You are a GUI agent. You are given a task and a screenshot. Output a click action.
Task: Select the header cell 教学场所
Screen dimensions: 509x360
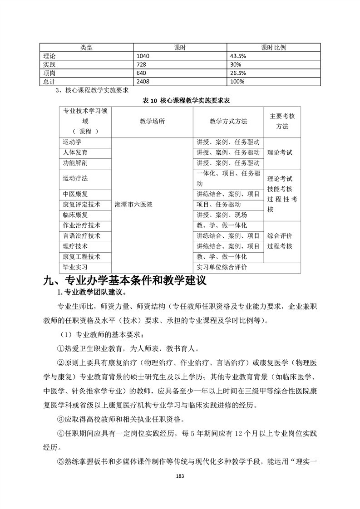tap(153, 122)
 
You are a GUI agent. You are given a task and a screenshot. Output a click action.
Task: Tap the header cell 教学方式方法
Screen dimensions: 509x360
tap(228, 122)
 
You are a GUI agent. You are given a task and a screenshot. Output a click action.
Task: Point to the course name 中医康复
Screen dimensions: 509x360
tap(75, 194)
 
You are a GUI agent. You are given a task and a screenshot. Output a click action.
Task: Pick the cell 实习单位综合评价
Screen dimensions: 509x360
tap(222, 268)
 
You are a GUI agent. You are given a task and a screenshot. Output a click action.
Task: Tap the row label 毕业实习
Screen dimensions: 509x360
tap(75, 268)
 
